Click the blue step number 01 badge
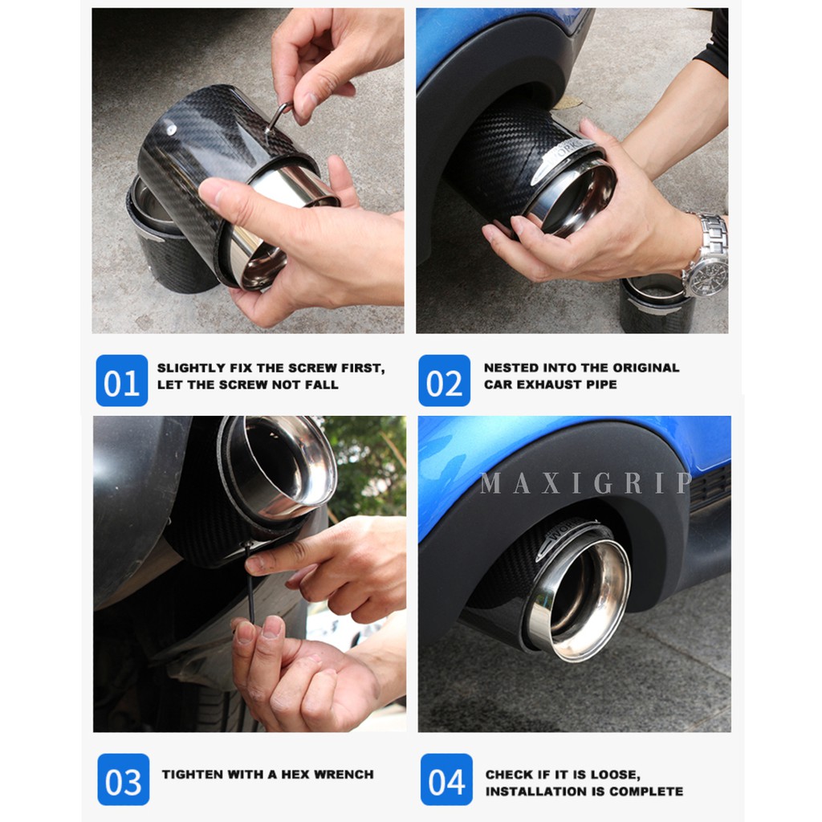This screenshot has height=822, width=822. (122, 380)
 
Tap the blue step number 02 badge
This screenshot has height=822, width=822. (444, 380)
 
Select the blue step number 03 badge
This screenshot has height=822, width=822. (123, 779)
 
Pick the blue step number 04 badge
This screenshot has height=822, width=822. (446, 779)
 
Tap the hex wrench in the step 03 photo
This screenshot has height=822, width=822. (250, 583)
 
